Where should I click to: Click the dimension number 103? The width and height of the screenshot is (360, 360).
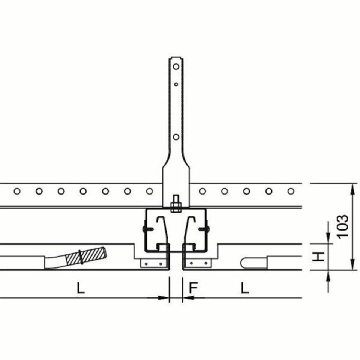click(x=343, y=226)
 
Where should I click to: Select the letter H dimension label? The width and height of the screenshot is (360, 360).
click(x=319, y=256)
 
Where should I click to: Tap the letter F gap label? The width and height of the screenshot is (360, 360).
click(x=193, y=288)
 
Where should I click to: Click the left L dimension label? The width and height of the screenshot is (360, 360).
click(x=81, y=288)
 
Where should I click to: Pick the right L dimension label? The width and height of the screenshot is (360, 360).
click(x=245, y=288)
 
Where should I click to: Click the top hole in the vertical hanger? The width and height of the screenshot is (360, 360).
click(x=176, y=67)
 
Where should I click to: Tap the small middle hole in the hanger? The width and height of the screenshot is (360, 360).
click(x=176, y=84)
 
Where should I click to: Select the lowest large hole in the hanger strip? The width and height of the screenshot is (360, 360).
click(x=176, y=137)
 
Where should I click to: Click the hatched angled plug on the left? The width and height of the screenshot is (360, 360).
click(x=86, y=256)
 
